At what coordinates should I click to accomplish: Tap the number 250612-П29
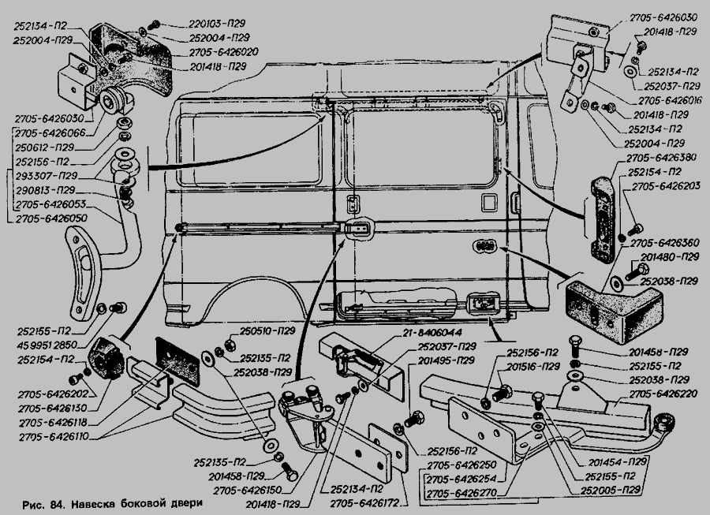(43, 147)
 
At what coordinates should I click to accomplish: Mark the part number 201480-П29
(667, 257)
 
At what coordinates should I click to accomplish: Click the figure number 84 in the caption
(56, 503)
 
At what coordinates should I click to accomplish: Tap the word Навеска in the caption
(97, 503)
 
